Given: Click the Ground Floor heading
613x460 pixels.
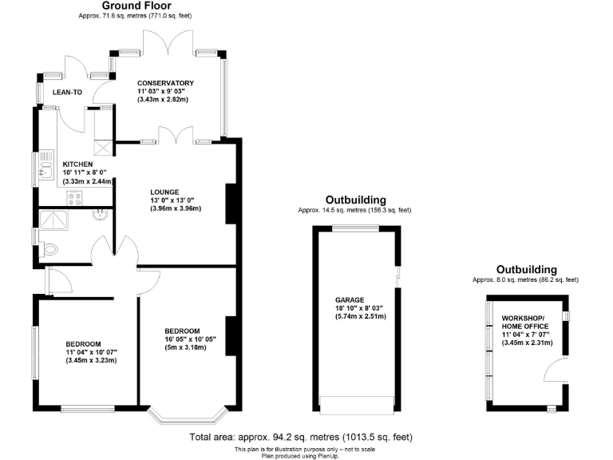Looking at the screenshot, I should pyautogui.click(x=136, y=6).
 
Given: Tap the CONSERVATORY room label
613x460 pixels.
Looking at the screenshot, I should pyautogui.click(x=165, y=83).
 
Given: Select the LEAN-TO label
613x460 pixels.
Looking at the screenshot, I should pyautogui.click(x=67, y=93).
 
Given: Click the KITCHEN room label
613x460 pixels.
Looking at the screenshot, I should pyautogui.click(x=78, y=165).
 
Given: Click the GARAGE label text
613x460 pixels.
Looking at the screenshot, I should pyautogui.click(x=349, y=299).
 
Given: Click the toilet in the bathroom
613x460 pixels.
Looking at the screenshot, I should pyautogui.click(x=49, y=249).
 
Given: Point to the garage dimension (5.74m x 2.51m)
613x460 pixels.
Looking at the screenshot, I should pyautogui.click(x=361, y=316).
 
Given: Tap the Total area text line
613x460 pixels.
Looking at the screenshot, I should pyautogui.click(x=302, y=438).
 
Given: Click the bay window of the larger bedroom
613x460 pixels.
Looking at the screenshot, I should pyautogui.click(x=189, y=415).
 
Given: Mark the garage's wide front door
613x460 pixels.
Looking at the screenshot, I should pyautogui.click(x=357, y=402).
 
